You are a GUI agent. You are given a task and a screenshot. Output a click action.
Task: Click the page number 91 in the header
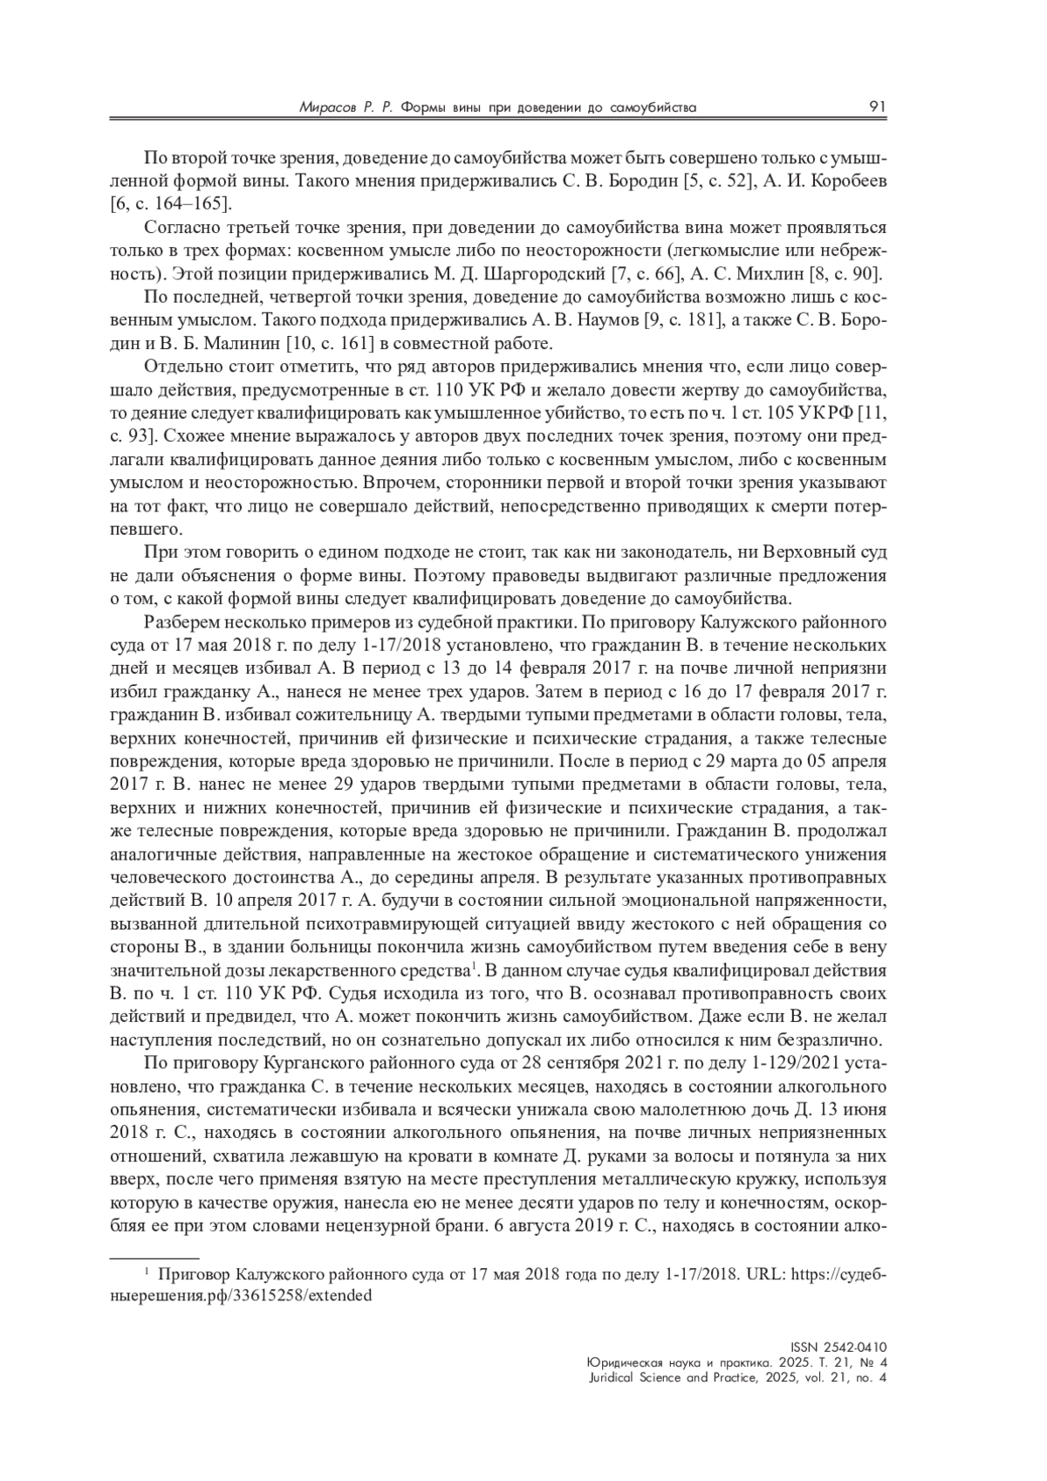878,106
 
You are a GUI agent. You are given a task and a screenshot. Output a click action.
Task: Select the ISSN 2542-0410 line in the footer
843,1347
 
